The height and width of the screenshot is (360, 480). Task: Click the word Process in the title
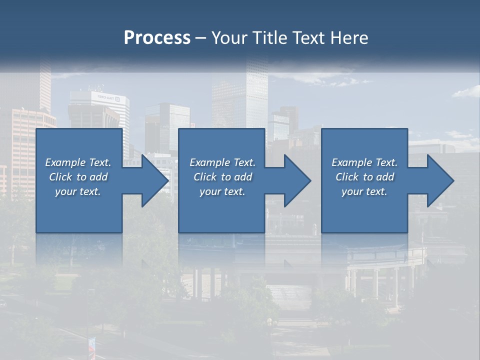pyautogui.click(x=157, y=38)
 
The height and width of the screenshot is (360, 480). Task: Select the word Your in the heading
pyautogui.click(x=230, y=38)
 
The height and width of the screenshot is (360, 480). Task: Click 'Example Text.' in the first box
pyautogui.click(x=78, y=162)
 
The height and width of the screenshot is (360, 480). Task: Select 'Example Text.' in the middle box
pyautogui.click(x=222, y=162)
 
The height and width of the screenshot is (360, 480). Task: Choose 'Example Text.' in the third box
pyautogui.click(x=364, y=162)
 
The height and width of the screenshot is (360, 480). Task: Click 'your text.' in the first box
pyautogui.click(x=78, y=191)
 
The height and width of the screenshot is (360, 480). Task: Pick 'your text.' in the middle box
pyautogui.click(x=222, y=191)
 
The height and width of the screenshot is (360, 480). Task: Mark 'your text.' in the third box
pyautogui.click(x=364, y=191)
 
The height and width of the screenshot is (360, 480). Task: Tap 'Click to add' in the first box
pyautogui.click(x=78, y=177)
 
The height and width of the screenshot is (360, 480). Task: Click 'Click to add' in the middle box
pyautogui.click(x=222, y=177)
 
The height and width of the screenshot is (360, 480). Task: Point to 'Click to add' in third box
pyautogui.click(x=364, y=177)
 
